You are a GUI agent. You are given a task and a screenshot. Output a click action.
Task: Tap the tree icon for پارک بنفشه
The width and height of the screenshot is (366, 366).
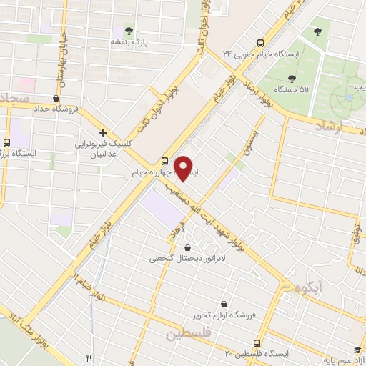point(129,30)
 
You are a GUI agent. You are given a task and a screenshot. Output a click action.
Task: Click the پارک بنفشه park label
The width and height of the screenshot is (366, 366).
point(129,42)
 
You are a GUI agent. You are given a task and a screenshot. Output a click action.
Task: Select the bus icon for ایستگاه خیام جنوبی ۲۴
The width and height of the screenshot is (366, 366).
point(260,41)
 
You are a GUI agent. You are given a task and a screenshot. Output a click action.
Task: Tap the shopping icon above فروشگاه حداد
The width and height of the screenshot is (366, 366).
point(56,98)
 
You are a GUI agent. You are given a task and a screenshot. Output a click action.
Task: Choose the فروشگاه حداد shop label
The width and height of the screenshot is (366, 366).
point(56,109)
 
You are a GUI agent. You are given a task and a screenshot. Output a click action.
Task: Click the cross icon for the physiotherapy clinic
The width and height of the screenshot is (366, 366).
point(104,132)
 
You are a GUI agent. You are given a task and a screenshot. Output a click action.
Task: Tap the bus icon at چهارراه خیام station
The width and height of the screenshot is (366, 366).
point(165,161)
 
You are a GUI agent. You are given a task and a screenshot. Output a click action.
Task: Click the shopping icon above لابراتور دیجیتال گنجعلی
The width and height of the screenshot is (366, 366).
point(187,247)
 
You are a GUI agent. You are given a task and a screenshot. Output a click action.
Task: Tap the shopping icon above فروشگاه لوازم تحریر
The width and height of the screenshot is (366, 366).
point(224,304)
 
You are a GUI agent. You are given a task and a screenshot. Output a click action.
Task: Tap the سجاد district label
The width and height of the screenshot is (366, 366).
point(14,98)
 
